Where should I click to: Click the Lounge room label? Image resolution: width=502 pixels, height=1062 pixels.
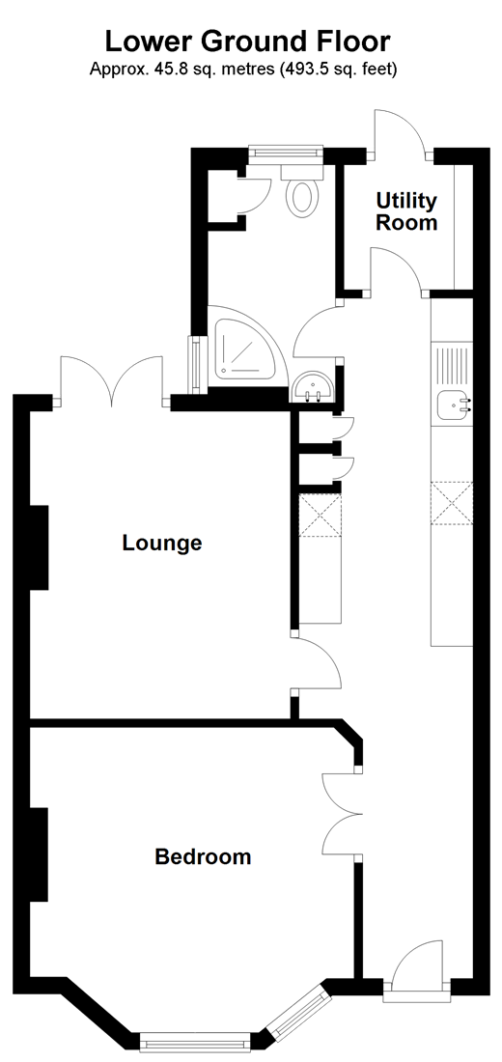click(162, 544)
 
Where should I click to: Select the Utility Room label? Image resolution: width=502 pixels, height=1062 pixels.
click(406, 211)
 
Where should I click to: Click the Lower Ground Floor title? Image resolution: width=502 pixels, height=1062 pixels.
click(248, 42)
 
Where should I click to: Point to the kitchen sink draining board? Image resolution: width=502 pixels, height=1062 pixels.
click(451, 365)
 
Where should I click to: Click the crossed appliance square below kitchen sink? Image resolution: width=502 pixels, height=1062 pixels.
click(452, 502)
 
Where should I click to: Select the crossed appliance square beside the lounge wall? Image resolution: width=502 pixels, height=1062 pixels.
click(319, 517)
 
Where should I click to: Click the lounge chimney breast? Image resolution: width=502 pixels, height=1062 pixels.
click(38, 547)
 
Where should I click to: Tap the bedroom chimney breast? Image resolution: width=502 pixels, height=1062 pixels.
click(38, 854)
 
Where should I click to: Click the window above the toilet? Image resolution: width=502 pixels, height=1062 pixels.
click(285, 154)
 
